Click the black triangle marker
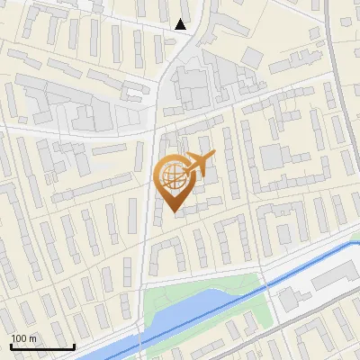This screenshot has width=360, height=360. (181, 24)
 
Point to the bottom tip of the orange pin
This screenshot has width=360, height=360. (173, 213)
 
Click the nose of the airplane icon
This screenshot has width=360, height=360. (214, 156)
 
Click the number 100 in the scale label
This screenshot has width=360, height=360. (20, 338)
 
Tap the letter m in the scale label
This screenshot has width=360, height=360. (32, 338)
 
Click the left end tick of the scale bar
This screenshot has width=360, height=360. (11, 346)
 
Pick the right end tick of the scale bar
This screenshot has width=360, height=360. (74, 346)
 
